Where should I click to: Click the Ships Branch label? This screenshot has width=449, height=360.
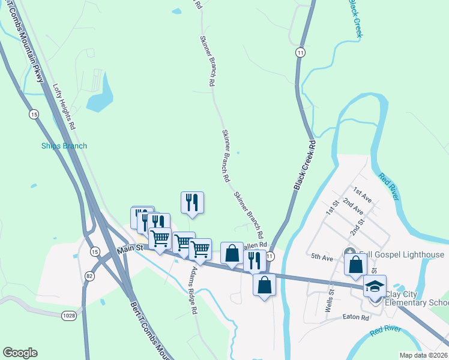64,146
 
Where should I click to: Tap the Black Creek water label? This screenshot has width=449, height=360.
355,18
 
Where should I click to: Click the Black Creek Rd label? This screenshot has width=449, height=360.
305,166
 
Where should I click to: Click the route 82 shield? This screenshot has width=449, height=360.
89,275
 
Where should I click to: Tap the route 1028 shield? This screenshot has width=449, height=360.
70,314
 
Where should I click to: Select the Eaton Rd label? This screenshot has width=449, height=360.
355,317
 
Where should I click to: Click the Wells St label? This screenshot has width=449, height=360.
328,300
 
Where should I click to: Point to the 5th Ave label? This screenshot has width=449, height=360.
322,257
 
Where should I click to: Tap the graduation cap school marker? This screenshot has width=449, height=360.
375,286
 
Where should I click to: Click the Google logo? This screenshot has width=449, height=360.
20,353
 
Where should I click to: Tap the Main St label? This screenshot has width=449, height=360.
131,248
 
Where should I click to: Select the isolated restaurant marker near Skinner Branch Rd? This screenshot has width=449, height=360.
192,203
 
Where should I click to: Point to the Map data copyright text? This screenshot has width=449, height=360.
423,355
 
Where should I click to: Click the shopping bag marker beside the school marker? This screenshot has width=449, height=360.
355,264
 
